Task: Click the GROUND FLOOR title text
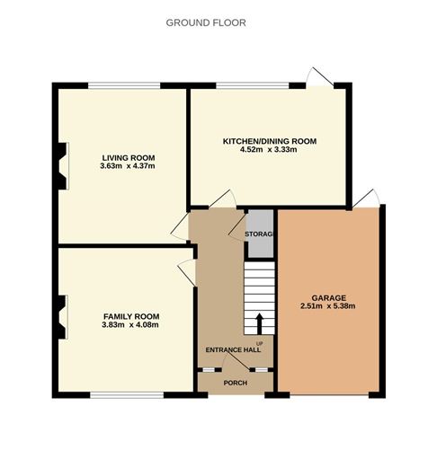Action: click(205, 22)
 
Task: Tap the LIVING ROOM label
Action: click(123, 156)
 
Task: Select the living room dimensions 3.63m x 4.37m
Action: click(123, 166)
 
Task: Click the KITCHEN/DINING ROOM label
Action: click(269, 141)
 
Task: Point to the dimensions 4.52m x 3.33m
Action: click(269, 151)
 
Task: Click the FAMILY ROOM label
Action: click(130, 316)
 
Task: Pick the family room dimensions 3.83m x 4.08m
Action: click(130, 326)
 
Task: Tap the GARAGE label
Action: click(329, 297)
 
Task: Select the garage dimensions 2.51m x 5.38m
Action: click(329, 307)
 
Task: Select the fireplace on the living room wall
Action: click(61, 166)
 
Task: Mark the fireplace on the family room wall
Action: click(61, 317)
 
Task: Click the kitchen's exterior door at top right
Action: click(321, 78)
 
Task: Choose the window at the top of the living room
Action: click(125, 86)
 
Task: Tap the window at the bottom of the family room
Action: click(125, 393)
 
